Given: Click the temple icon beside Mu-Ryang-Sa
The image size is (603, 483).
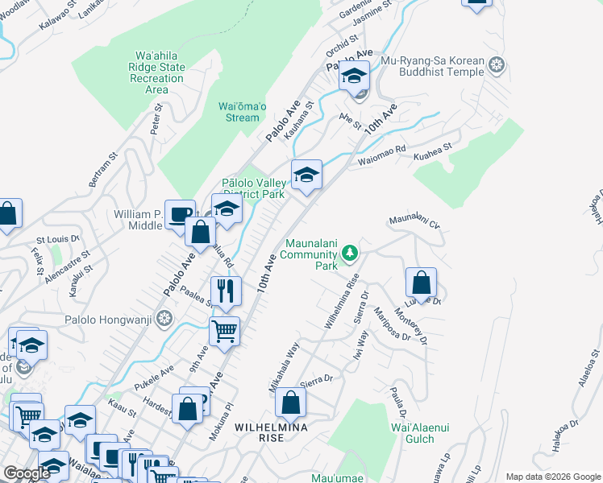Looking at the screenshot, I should (497, 64).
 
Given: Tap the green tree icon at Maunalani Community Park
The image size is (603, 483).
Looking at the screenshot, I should (349, 254).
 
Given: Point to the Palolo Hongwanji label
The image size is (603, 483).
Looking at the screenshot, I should (114, 316).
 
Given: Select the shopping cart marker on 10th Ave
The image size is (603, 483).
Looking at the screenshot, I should (224, 329).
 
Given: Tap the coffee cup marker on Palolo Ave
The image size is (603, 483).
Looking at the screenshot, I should (180, 213).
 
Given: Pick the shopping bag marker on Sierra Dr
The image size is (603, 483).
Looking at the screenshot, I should (290, 402).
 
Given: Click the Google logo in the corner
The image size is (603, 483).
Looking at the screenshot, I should (27, 474).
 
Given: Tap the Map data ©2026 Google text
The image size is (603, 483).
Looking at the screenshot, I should (552, 477).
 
